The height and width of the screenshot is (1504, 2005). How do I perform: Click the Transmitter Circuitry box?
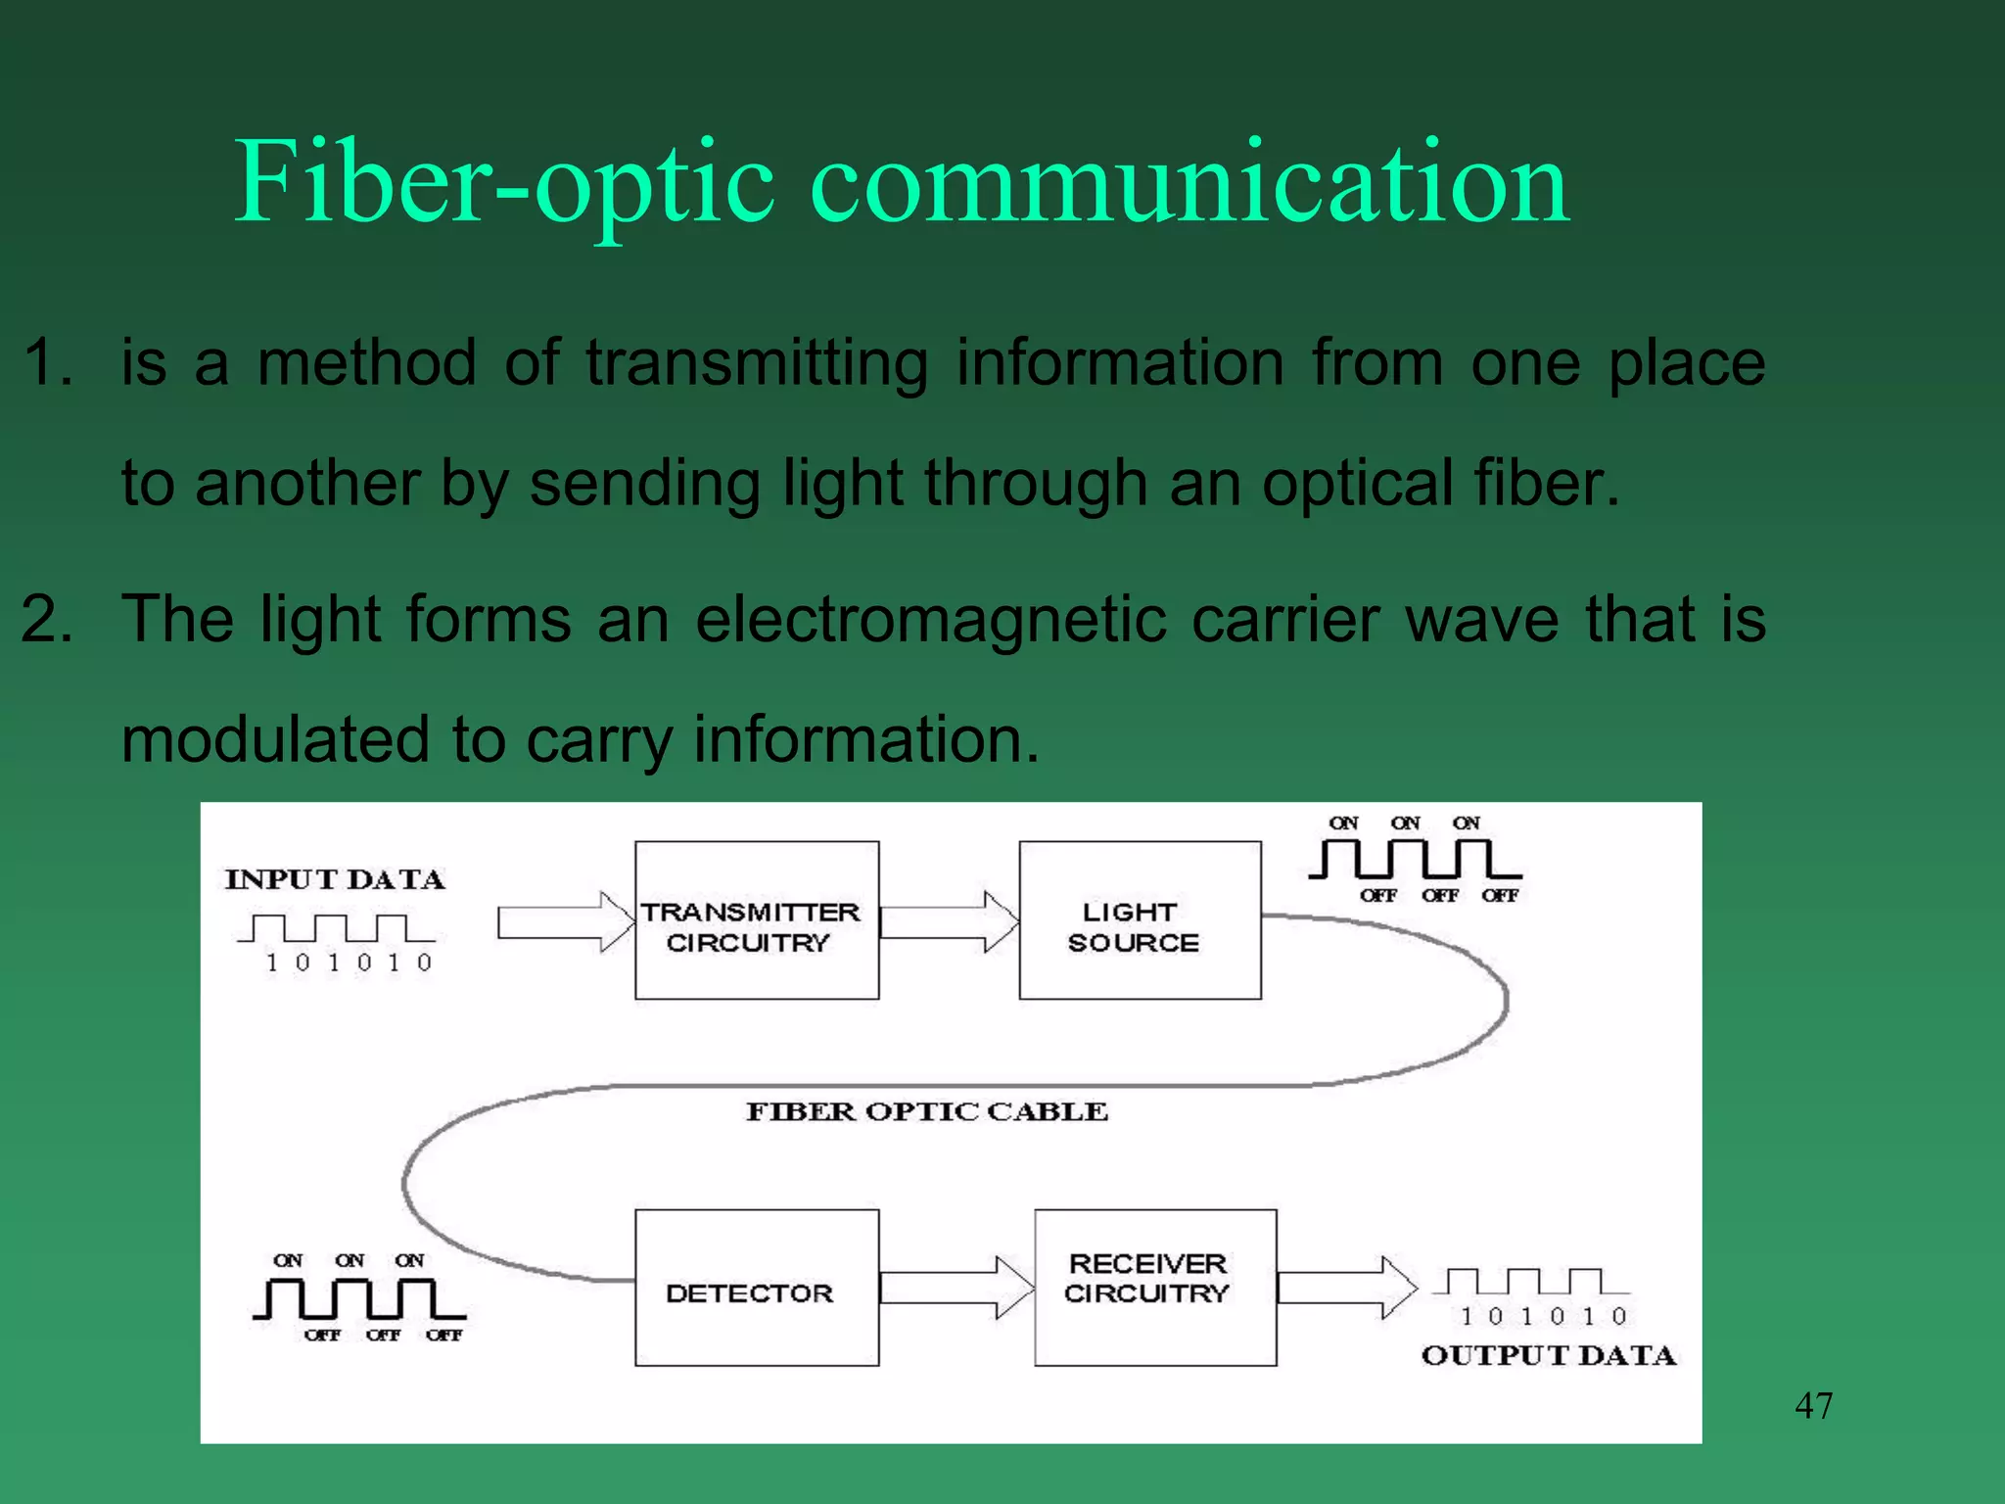pos(756,920)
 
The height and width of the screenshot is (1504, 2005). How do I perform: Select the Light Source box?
pos(1140,920)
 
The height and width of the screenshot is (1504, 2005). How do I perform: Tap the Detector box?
pos(756,1289)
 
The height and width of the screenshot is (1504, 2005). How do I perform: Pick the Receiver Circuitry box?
pos(1155,1289)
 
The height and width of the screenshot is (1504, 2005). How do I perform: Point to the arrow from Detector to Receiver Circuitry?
pos(956,1288)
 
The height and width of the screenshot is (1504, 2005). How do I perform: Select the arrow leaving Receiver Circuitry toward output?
pos(1346,1288)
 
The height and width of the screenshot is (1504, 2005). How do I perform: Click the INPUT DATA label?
pos(335,879)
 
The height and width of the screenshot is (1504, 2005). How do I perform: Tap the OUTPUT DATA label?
pos(1549,1355)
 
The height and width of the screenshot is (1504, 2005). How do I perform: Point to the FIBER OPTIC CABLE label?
pos(926,1111)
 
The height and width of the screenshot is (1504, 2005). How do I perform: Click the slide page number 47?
pos(1813,1406)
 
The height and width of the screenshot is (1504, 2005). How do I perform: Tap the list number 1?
pos(47,362)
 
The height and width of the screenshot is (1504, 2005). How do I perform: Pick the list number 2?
pos(47,619)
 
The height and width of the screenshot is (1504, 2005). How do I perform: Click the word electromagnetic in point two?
pos(931,619)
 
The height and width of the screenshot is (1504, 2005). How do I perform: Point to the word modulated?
pos(275,738)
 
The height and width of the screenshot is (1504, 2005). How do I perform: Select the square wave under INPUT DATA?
pos(335,927)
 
